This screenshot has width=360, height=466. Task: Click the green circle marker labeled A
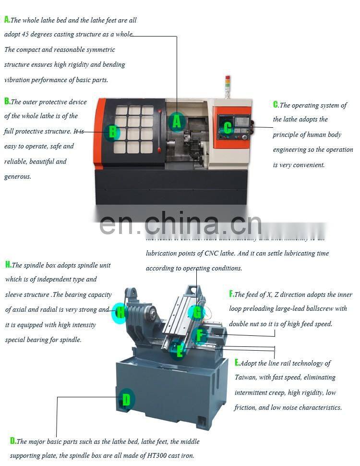(177, 122)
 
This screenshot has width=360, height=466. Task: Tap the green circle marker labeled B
(112, 131)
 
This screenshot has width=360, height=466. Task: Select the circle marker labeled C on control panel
(228, 127)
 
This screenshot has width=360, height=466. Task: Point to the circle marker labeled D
(126, 399)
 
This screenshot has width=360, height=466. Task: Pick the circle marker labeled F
(200, 335)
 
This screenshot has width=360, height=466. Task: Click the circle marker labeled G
(197, 313)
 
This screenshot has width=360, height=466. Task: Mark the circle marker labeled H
(120, 314)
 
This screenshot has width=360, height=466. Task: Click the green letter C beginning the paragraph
(276, 105)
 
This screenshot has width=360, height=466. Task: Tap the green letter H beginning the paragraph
(8, 265)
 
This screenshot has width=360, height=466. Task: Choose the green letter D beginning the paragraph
(13, 441)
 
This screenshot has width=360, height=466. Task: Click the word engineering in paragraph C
(290, 149)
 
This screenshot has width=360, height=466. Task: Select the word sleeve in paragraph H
(13, 294)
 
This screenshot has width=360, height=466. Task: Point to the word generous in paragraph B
(18, 176)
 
